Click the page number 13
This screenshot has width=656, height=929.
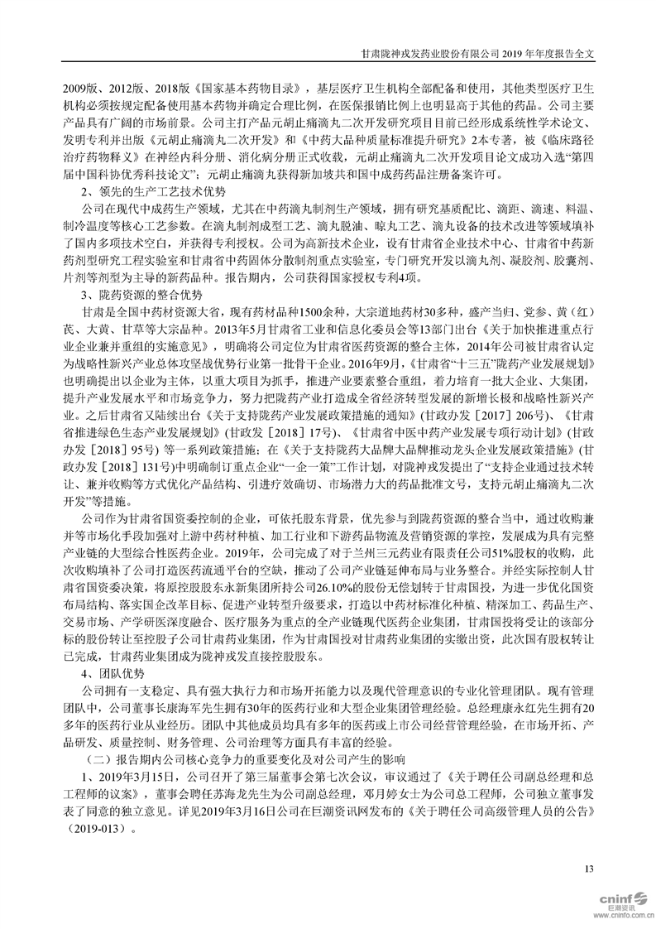tap(589, 868)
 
